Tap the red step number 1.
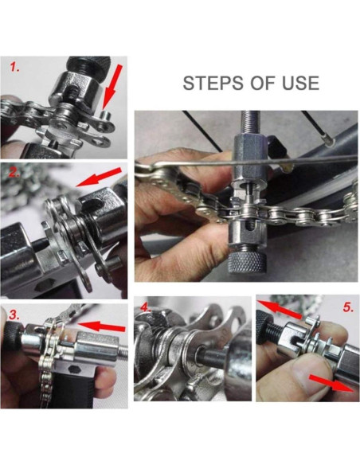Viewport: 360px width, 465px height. tap(15, 67)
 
